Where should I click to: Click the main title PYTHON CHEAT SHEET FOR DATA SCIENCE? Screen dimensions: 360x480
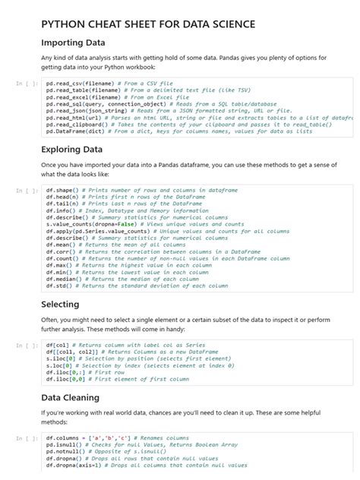pyautogui.click(x=147, y=24)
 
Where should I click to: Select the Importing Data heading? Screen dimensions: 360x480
pyautogui.click(x=74, y=43)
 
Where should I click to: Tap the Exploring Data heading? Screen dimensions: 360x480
pyautogui.click(x=71, y=149)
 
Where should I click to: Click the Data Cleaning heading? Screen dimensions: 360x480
pyautogui.click(x=70, y=397)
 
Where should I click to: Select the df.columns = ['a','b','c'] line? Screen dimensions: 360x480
pyautogui.click(x=118, y=438)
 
